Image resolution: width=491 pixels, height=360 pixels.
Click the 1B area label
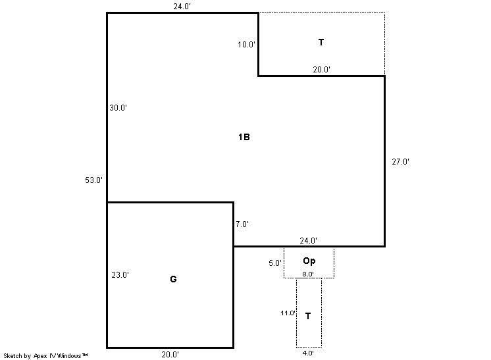(x=244, y=137)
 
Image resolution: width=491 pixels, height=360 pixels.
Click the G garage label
(x=173, y=279)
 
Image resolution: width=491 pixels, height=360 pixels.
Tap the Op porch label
(x=309, y=261)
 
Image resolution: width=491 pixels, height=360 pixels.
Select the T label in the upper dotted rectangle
(x=321, y=42)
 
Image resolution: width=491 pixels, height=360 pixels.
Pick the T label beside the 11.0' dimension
(x=308, y=316)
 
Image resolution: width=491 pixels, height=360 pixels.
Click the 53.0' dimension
(x=93, y=180)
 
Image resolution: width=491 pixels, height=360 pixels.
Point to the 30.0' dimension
(x=118, y=108)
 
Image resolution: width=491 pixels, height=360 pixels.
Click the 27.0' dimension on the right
(x=401, y=161)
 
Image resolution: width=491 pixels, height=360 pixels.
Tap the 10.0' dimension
(x=246, y=45)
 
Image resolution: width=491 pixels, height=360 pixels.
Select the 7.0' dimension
(x=242, y=224)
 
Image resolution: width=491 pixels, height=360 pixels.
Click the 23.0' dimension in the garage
(x=120, y=275)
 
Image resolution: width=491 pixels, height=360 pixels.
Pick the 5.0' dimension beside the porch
(x=275, y=263)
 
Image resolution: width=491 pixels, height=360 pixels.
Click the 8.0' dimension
(x=308, y=274)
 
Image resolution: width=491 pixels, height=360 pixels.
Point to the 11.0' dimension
(x=288, y=313)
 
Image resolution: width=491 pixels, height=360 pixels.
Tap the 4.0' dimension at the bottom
(x=308, y=353)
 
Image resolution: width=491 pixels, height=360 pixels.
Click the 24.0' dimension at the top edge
(x=182, y=7)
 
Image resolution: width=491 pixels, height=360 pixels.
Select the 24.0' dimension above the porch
(x=308, y=240)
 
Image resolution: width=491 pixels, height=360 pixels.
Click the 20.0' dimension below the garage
(x=170, y=354)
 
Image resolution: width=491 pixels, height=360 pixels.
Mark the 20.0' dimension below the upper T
(x=322, y=70)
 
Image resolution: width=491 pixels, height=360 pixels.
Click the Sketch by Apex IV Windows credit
(x=45, y=356)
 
